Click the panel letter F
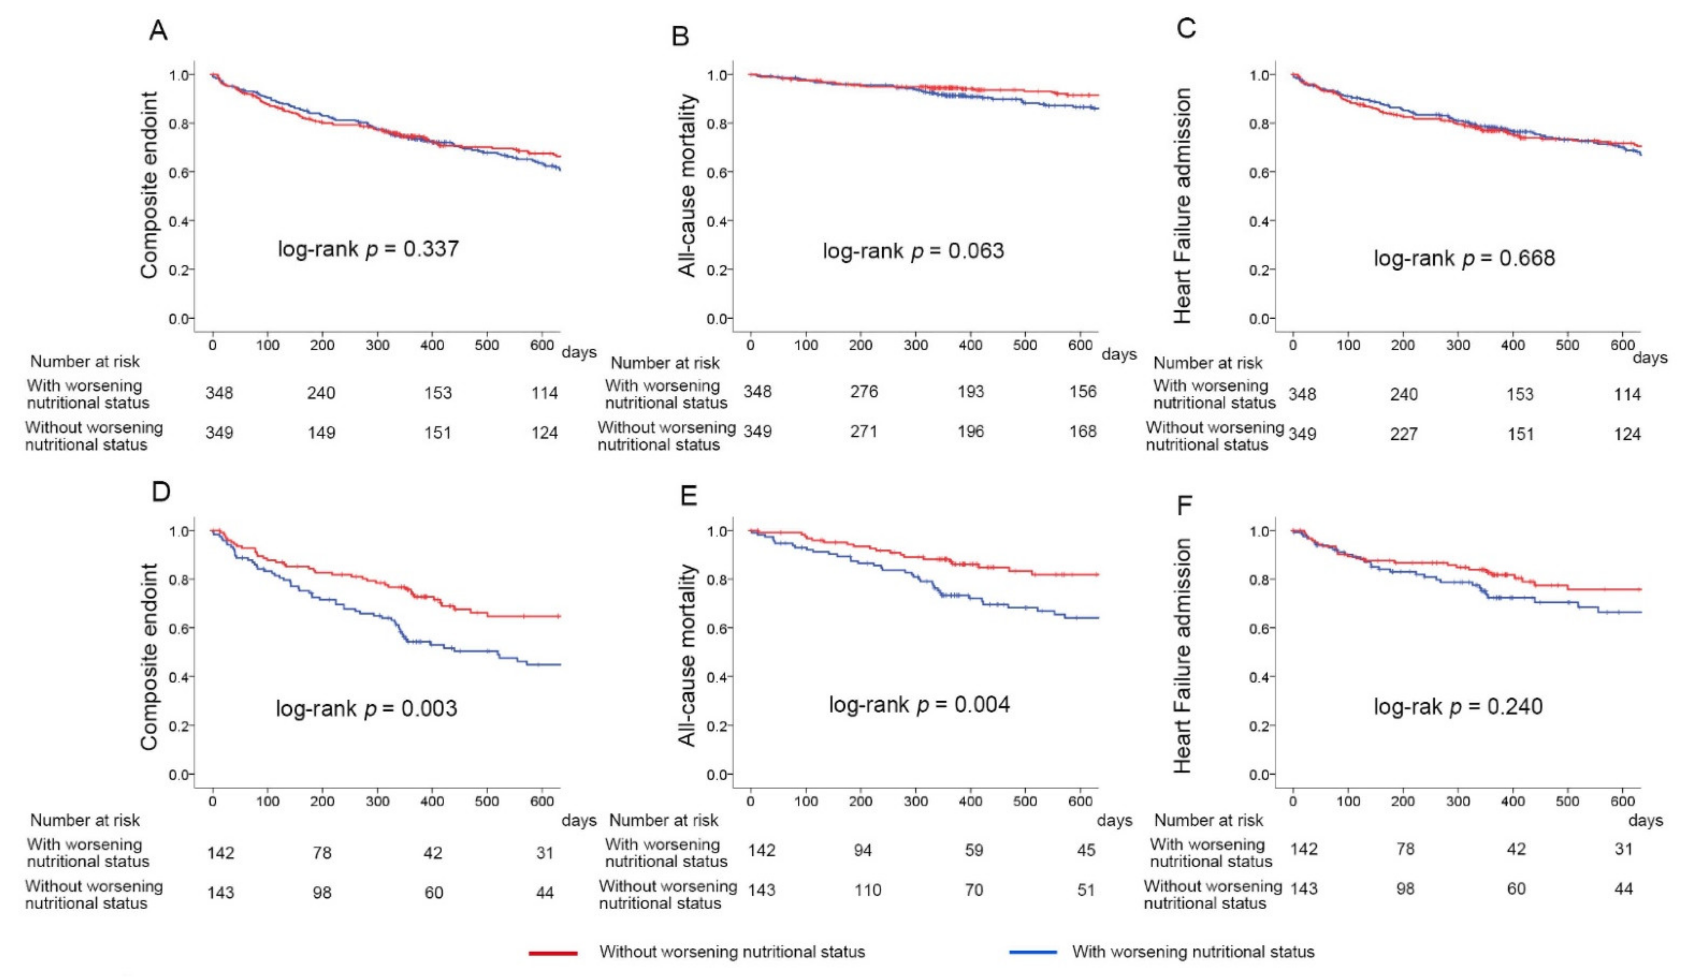click(x=1184, y=506)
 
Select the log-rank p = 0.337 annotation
click(x=369, y=249)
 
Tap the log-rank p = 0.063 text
click(x=913, y=251)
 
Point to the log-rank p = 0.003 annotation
click(x=367, y=708)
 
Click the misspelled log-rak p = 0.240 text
click(x=1458, y=706)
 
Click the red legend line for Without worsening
click(x=553, y=953)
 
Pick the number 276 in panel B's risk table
click(x=864, y=391)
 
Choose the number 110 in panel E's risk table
click(x=868, y=890)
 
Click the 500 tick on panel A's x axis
click(x=487, y=345)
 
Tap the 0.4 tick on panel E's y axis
click(x=719, y=677)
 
